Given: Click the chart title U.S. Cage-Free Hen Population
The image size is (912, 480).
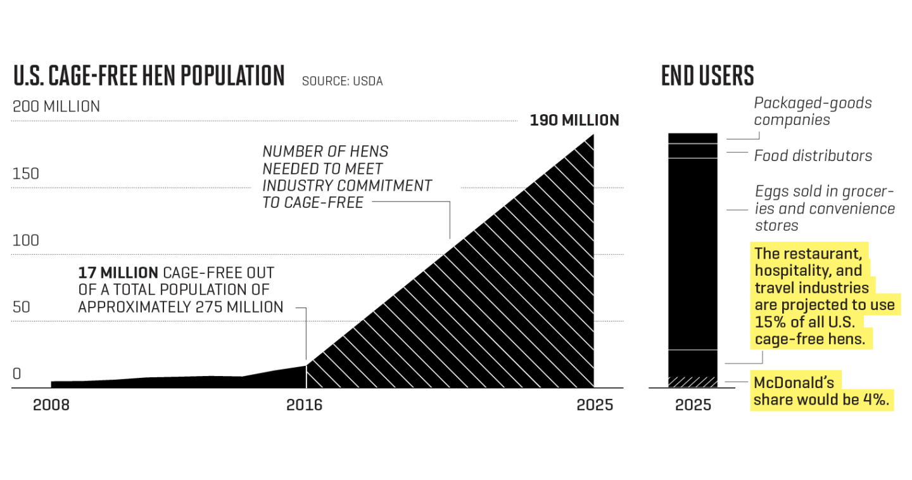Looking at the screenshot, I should pyautogui.click(x=149, y=75).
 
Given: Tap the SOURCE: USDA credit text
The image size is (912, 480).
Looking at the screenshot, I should pyautogui.click(x=342, y=81).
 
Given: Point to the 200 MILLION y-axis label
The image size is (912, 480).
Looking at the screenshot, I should pyautogui.click(x=56, y=107).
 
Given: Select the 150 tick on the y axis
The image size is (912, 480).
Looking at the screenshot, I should pyautogui.click(x=26, y=174).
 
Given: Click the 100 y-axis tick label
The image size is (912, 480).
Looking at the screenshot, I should pyautogui.click(x=26, y=240).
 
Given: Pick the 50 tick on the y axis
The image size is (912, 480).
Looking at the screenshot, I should pyautogui.click(x=22, y=307).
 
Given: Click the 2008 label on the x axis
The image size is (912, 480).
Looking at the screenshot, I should pyautogui.click(x=51, y=405).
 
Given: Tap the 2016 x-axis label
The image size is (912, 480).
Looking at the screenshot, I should pyautogui.click(x=304, y=405).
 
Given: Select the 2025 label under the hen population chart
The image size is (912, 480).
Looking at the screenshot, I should pyautogui.click(x=595, y=405).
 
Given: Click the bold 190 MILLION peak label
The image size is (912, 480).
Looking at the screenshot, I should pyautogui.click(x=574, y=120).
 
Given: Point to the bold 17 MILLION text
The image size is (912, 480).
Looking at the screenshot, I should pyautogui.click(x=118, y=273).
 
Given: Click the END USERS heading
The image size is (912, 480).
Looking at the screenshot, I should pyautogui.click(x=707, y=75).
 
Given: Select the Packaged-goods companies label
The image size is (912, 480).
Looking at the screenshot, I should pyautogui.click(x=813, y=111).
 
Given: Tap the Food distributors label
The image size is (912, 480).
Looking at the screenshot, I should pyautogui.click(x=813, y=155).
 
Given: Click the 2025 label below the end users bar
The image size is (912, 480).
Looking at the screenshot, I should pyautogui.click(x=693, y=405).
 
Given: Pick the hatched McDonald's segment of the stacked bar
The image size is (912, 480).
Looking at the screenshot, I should pyautogui.click(x=693, y=382).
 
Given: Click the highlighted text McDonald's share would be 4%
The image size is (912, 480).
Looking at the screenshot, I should pyautogui.click(x=822, y=391).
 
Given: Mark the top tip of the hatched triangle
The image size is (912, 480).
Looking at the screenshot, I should pyautogui.click(x=593, y=134).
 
